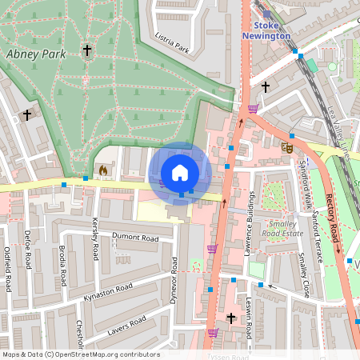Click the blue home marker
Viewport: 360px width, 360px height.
[x=180, y=173]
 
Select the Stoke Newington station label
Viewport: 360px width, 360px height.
[x=269, y=30]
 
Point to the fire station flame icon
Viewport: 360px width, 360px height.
[x=102, y=170]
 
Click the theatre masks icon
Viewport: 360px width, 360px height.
[x=287, y=146]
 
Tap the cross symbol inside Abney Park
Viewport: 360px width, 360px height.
[x=86, y=51]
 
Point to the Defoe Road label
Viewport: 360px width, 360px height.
[x=26, y=251]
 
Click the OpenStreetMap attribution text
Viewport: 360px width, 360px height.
[x=80, y=354]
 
